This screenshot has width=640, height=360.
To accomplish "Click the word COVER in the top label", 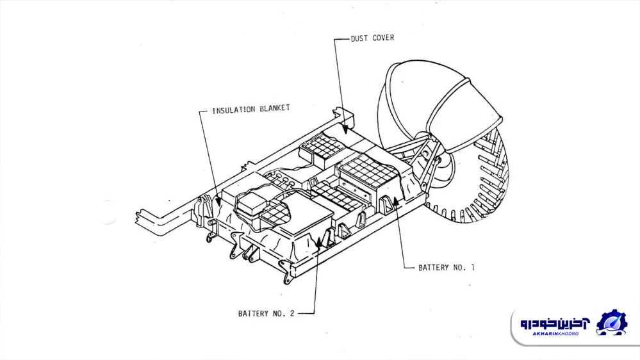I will [x=384, y=38].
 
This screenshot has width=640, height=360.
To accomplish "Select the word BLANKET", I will [x=275, y=109].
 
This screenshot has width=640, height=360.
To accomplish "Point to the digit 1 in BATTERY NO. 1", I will [x=473, y=267].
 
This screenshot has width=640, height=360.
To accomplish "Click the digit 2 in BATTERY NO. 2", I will [x=292, y=314].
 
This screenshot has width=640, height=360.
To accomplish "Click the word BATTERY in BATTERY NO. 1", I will [x=434, y=267].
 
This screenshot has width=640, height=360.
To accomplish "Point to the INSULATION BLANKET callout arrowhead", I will [x=218, y=204].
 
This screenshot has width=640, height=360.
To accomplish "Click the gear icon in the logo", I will [x=611, y=322].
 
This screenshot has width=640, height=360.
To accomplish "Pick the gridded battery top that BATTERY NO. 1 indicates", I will [x=368, y=170].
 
